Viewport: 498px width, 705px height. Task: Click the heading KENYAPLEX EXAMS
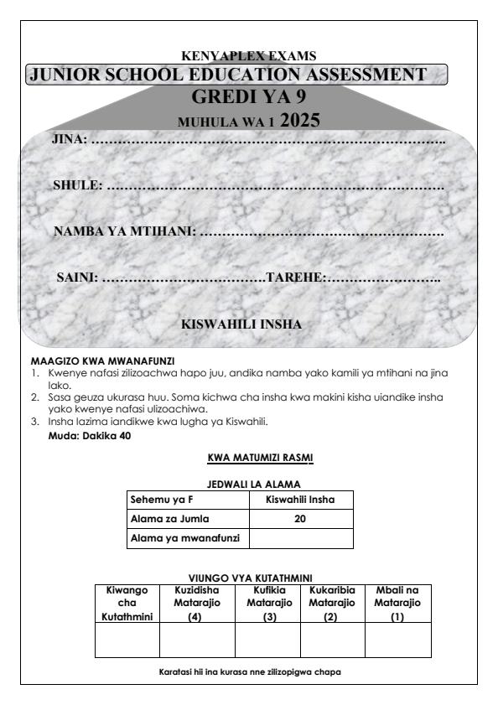(x=249, y=56)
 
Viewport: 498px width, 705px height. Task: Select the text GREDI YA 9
(x=249, y=97)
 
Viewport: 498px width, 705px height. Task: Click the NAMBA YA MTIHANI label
(x=124, y=231)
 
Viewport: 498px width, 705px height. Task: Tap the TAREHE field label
(x=294, y=277)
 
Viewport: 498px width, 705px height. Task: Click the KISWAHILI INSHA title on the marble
(x=241, y=323)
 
